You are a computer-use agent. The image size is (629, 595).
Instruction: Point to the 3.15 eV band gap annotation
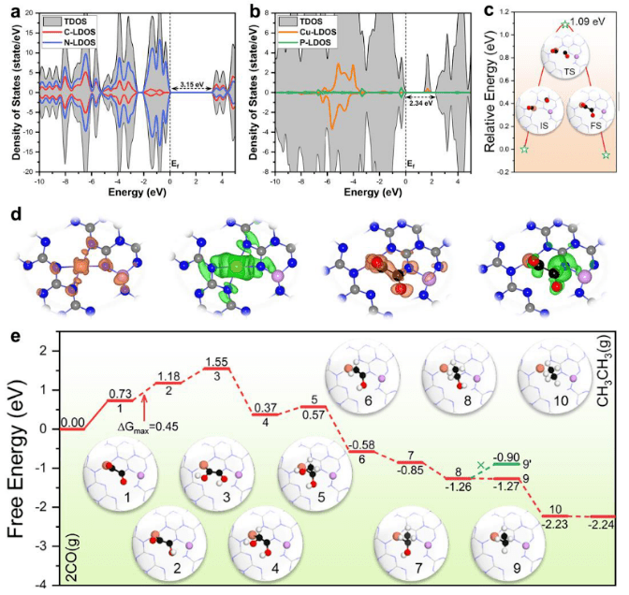click(190, 81)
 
